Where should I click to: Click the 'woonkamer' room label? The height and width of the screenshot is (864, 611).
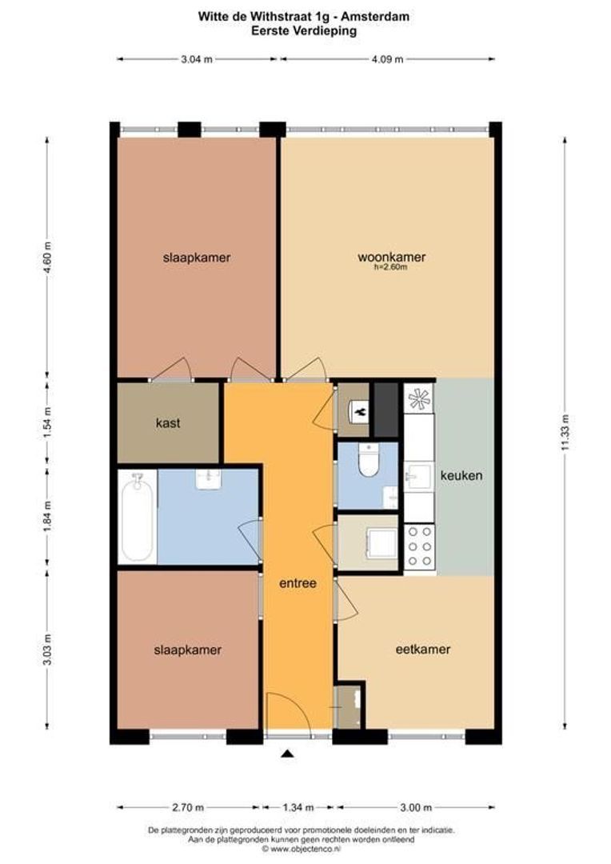[391, 257]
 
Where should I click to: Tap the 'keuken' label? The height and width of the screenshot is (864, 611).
[461, 475]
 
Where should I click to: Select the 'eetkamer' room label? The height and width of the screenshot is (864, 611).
[423, 650]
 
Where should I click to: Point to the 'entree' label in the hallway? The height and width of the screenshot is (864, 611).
[298, 583]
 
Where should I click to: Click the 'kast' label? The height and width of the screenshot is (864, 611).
[168, 423]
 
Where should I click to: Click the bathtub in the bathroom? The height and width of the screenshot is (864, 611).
[137, 516]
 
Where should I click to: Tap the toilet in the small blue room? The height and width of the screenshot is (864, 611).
[369, 460]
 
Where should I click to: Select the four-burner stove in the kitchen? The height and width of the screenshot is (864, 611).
[420, 548]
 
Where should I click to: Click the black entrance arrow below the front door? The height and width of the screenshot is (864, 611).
[288, 754]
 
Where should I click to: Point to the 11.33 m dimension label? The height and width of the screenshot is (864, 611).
[565, 434]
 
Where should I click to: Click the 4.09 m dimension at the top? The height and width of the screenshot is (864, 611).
[387, 58]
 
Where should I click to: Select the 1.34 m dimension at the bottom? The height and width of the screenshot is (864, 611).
[298, 807]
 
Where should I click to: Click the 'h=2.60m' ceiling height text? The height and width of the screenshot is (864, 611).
[391, 268]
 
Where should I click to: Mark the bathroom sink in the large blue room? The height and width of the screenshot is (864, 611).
[209, 478]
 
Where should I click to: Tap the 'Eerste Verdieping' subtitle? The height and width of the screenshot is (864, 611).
[305, 30]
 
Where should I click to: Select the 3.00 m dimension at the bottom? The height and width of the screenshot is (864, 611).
[416, 807]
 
